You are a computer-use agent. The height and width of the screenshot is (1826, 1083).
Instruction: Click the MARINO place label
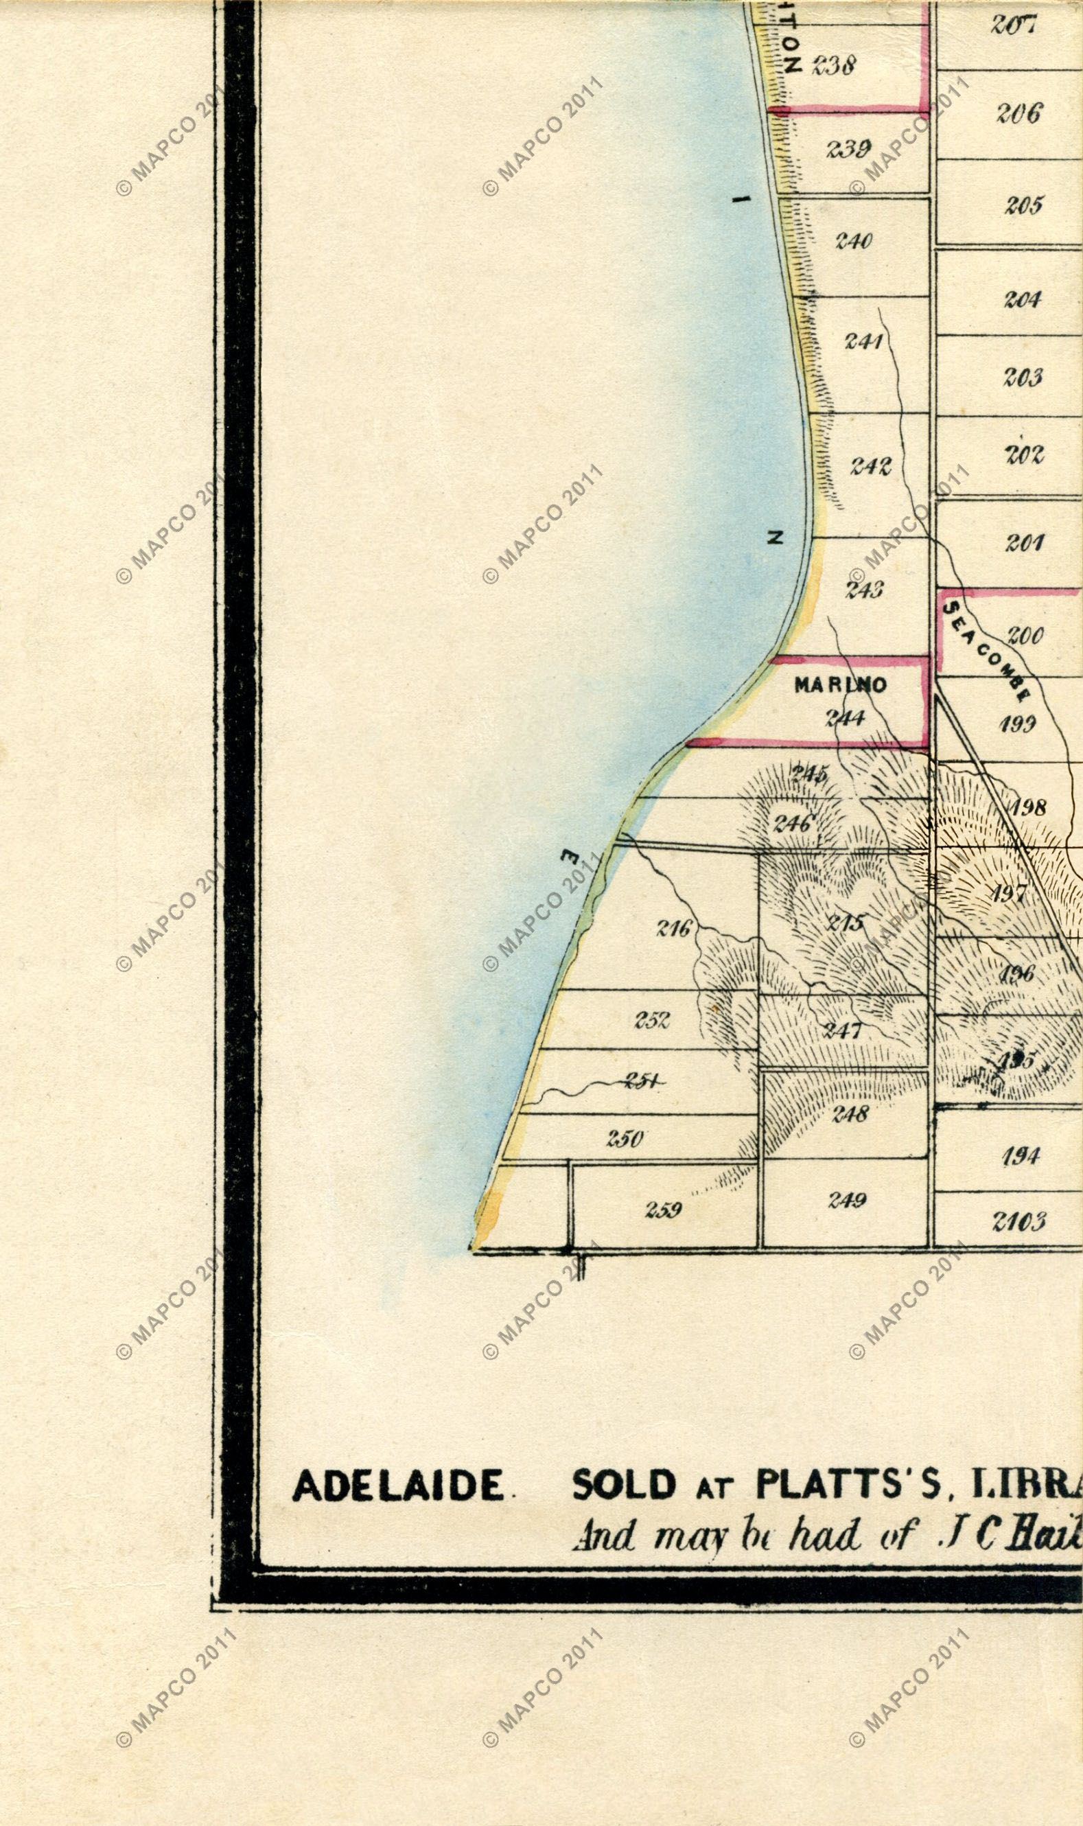840,684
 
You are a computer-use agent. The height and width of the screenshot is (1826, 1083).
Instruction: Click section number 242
871,465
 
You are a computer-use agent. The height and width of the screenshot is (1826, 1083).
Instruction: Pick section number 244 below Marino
845,718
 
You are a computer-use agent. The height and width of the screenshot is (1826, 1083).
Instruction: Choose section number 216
673,929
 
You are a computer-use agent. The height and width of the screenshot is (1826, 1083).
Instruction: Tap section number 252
652,1020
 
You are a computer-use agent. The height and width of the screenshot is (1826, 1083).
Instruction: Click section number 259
664,1210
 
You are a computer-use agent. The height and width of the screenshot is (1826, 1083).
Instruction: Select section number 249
846,1200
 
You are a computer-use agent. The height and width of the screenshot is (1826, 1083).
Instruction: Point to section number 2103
1018,1221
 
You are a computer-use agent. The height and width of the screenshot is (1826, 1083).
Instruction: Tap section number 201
1024,542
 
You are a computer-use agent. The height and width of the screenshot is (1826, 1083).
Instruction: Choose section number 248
850,1113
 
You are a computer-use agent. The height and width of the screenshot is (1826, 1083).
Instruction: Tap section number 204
1023,299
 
